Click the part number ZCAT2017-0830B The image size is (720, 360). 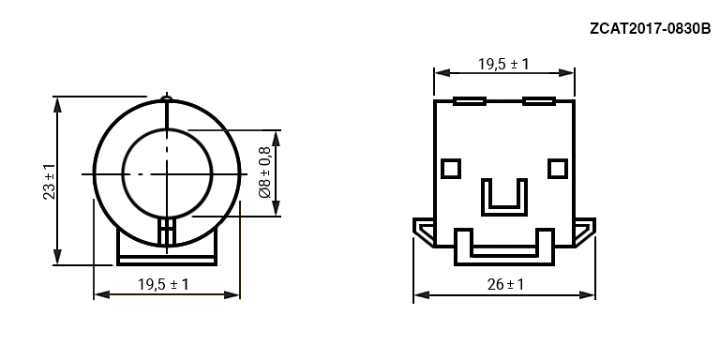click(x=651, y=28)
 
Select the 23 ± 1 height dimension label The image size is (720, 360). click(x=49, y=181)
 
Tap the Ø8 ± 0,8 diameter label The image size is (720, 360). click(x=265, y=172)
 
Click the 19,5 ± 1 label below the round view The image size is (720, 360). click(x=163, y=285)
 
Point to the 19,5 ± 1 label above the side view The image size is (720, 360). click(x=503, y=64)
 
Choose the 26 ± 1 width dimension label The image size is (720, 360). click(x=505, y=285)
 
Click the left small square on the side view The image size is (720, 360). click(x=451, y=169)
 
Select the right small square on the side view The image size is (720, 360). click(x=558, y=169)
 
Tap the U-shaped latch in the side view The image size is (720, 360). click(x=504, y=212)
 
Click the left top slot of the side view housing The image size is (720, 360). click(x=470, y=101)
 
